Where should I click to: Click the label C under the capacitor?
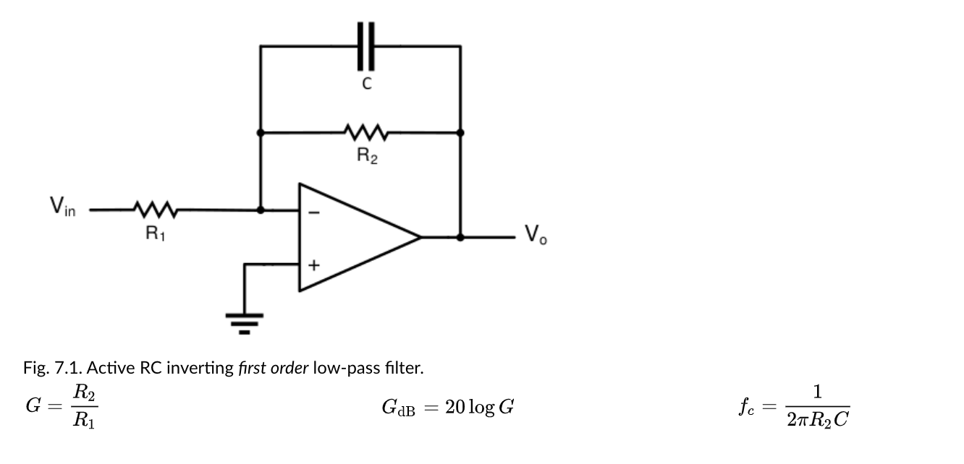367,85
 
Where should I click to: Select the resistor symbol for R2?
367,133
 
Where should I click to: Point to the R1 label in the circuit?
155,234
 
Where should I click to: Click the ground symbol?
245,322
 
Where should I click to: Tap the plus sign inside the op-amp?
313,265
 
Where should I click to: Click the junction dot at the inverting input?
261,210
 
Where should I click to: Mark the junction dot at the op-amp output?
460,237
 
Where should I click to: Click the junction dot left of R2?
261,133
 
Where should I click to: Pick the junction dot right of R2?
460,133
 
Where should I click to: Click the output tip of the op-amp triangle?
420,237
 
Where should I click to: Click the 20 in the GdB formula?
455,408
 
